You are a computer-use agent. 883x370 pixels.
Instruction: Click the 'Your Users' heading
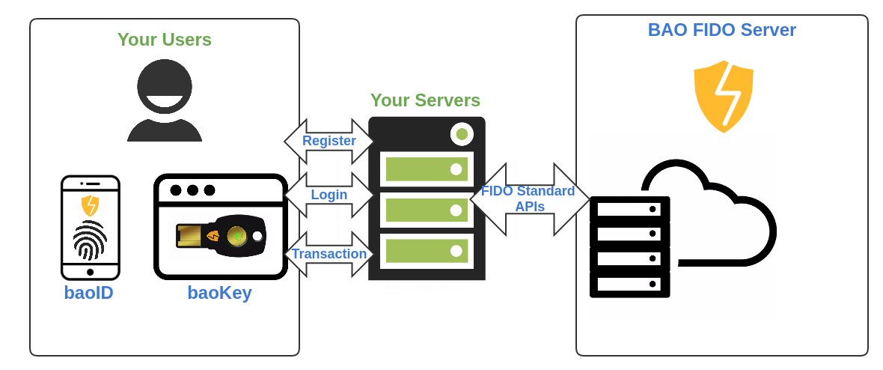165,40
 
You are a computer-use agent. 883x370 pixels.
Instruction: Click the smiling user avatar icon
165,100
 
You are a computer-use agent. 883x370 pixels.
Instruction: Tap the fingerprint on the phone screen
90,240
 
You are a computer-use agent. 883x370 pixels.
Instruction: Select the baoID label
88,293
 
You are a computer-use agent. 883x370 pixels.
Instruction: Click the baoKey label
219,293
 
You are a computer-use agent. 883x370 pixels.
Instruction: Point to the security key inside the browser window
221,234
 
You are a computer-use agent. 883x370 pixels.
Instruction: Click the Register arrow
329,141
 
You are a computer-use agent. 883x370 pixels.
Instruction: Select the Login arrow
329,195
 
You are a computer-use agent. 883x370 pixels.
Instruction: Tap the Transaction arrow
329,254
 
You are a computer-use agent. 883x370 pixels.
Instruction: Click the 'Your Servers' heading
425,100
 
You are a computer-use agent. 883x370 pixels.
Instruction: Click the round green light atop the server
462,134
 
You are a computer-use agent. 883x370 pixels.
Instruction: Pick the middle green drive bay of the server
427,210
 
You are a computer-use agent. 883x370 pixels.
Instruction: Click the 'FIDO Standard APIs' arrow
528,199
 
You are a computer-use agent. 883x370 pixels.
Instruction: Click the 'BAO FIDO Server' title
721,30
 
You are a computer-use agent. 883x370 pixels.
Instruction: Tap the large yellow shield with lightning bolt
723,96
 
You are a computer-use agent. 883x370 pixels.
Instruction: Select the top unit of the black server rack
629,209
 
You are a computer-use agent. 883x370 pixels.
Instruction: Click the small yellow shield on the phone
90,205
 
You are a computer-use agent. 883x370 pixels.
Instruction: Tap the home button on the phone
90,272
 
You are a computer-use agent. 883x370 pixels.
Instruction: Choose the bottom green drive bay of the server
427,251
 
